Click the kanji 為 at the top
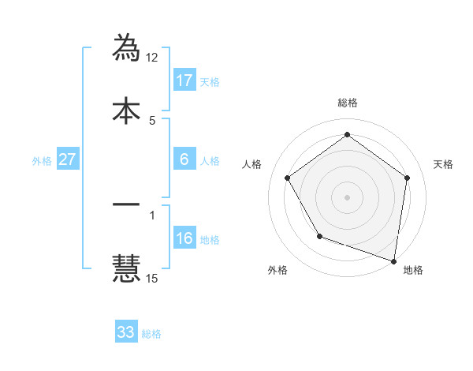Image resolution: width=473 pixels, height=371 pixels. pyautogui.click(x=126, y=47)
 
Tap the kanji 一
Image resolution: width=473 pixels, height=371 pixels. pyautogui.click(x=126, y=204)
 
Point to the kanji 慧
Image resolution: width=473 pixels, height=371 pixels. pyautogui.click(x=126, y=267)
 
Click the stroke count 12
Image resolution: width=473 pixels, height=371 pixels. pyautogui.click(x=153, y=58)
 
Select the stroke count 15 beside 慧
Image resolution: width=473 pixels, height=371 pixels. pyautogui.click(x=153, y=278)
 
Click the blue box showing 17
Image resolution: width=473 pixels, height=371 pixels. pyautogui.click(x=184, y=81)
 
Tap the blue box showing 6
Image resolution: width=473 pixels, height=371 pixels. pyautogui.click(x=184, y=159)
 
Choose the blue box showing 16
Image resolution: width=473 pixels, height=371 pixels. pyautogui.click(x=184, y=238)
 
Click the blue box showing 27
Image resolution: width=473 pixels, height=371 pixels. pyautogui.click(x=67, y=159)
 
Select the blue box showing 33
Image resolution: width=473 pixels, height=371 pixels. pyautogui.click(x=126, y=332)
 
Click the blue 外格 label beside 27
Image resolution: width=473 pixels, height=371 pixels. pyautogui.click(x=42, y=161)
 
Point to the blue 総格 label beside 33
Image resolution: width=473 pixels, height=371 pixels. pyautogui.click(x=151, y=334)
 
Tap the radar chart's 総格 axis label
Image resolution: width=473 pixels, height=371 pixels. pyautogui.click(x=348, y=103)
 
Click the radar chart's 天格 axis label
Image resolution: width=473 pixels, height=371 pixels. pyautogui.click(x=443, y=164)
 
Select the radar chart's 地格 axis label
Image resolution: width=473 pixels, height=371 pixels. pyautogui.click(x=413, y=271)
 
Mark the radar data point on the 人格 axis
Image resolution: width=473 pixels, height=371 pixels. pyautogui.click(x=287, y=178)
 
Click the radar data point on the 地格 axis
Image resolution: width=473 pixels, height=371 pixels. pyautogui.click(x=393, y=260)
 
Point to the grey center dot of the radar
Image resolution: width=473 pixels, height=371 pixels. pyautogui.click(x=348, y=197)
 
